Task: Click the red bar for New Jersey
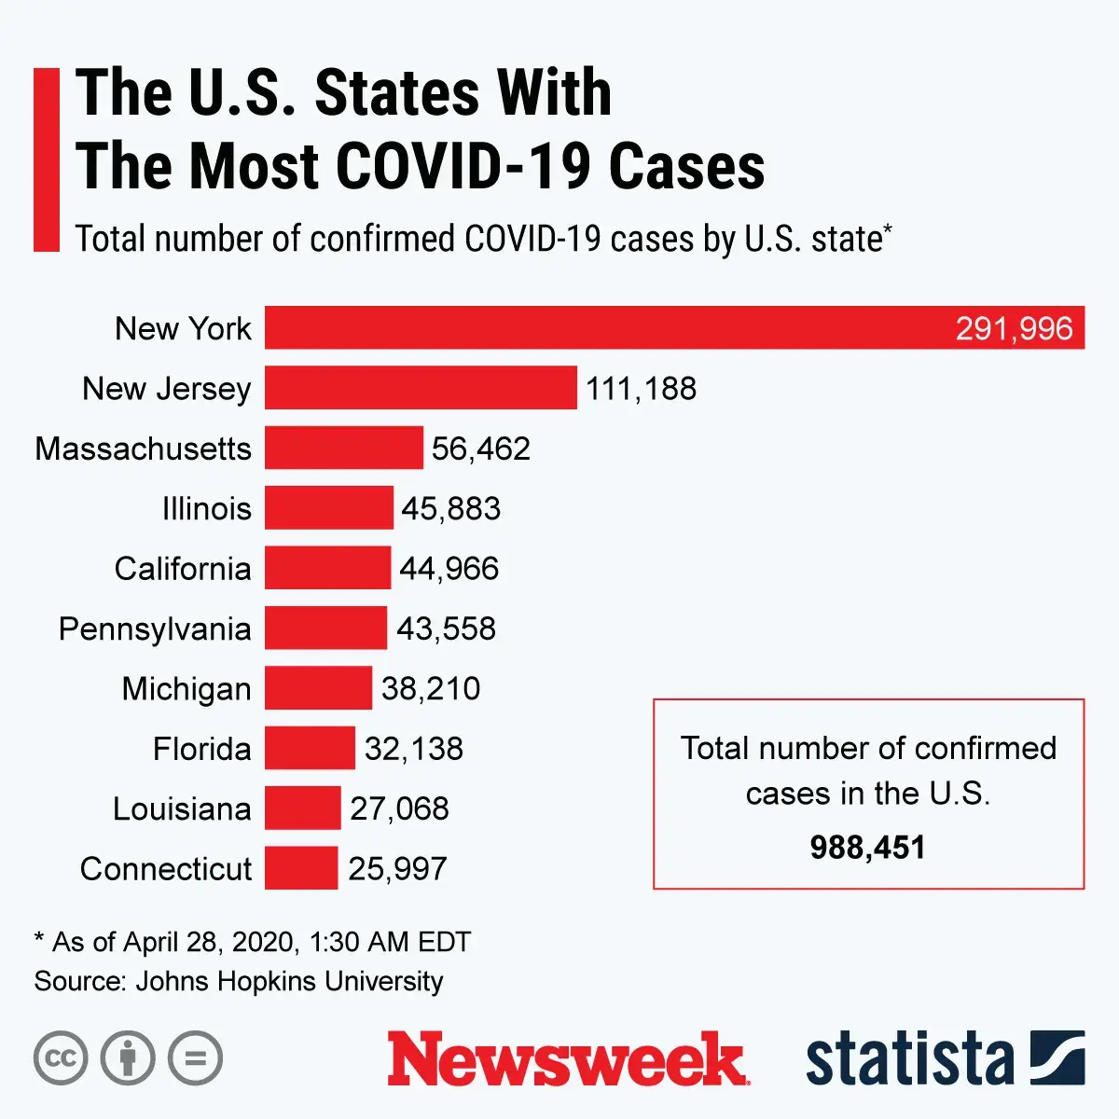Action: tap(421, 388)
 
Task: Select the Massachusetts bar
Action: tap(343, 448)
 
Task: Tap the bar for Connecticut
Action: tap(301, 868)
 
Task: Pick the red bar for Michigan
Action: tap(318, 688)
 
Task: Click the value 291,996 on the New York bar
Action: tap(1014, 328)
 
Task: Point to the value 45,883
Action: tap(451, 508)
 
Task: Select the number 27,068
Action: tap(399, 808)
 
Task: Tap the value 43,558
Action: tap(446, 629)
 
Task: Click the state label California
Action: tap(183, 569)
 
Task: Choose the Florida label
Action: tap(201, 749)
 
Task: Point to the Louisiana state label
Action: tap(182, 808)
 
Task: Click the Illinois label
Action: tap(206, 508)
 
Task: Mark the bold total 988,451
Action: tap(867, 848)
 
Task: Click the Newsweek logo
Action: tap(567, 1059)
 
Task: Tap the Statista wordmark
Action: tap(909, 1059)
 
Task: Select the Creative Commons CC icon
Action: tap(61, 1058)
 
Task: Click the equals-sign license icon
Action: tap(196, 1058)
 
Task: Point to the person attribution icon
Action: tap(128, 1058)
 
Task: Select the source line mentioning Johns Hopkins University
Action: tap(239, 981)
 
